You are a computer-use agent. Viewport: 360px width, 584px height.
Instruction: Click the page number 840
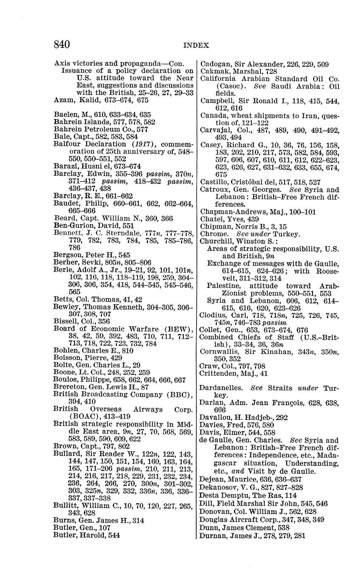[62, 44]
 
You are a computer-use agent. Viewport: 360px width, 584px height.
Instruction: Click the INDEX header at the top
[196, 45]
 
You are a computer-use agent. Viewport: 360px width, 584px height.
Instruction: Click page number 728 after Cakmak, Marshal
[272, 72]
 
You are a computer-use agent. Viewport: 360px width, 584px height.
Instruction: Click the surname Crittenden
[219, 374]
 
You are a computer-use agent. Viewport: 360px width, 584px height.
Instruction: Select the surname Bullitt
[65, 505]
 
